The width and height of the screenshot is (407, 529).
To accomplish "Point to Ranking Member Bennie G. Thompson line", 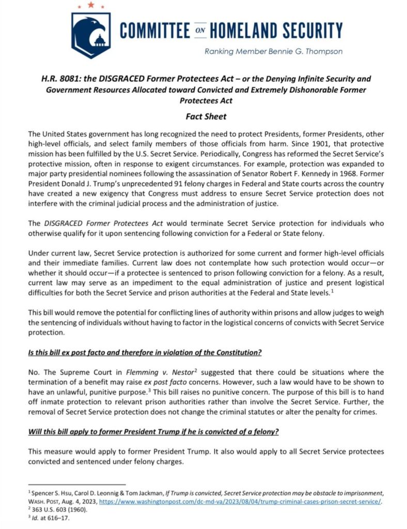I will click(x=273, y=51).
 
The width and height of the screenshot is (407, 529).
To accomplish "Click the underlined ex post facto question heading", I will click(x=145, y=353).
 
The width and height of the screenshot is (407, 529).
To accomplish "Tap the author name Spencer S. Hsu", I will click(x=51, y=492).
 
